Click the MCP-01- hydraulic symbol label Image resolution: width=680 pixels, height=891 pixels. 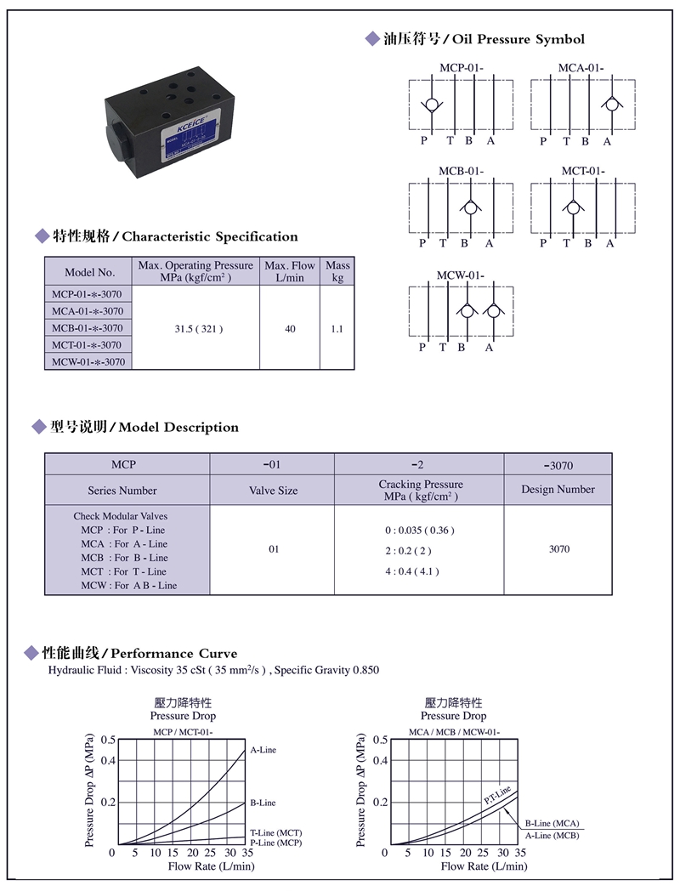click(x=462, y=67)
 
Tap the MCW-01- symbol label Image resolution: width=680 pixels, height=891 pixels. click(x=461, y=275)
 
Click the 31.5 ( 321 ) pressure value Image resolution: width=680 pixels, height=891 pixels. click(x=196, y=328)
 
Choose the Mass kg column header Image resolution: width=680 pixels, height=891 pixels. click(x=337, y=271)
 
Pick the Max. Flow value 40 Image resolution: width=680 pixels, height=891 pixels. click(x=290, y=328)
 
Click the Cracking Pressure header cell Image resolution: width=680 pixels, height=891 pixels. click(x=420, y=490)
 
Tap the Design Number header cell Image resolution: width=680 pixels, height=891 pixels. click(x=558, y=489)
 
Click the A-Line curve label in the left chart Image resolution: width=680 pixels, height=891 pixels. click(x=263, y=750)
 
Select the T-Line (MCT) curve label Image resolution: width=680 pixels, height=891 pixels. click(x=275, y=832)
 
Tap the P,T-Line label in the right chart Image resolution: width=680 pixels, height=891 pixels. click(x=497, y=795)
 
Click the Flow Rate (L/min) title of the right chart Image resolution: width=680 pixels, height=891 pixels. click(x=484, y=866)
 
